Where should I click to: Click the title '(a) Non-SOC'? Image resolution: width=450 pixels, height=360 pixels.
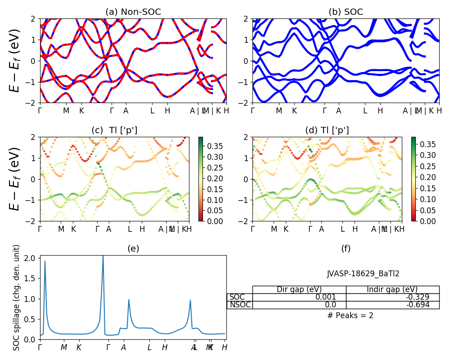click(x=133, y=12)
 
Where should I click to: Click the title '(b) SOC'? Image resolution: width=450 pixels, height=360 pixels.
click(x=346, y=12)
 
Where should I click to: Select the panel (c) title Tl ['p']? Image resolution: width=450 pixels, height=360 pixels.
click(x=114, y=130)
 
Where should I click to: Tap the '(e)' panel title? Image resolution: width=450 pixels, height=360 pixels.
click(x=133, y=248)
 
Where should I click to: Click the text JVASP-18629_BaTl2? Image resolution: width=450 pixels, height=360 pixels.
click(x=363, y=274)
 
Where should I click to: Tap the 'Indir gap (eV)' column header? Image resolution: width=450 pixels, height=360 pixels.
click(x=392, y=289)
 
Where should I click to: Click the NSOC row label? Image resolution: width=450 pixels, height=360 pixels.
click(x=240, y=305)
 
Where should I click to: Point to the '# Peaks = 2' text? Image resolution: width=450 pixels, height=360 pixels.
click(x=350, y=315)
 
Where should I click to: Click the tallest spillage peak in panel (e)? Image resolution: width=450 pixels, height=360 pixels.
click(x=103, y=256)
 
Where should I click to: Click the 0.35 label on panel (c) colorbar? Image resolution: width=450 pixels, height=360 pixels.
click(x=209, y=146)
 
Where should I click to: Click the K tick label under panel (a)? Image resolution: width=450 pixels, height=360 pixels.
click(x=81, y=111)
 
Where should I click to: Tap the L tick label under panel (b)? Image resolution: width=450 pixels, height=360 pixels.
click(x=365, y=111)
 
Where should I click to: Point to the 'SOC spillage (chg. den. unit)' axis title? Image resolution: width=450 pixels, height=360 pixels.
click(x=17, y=297)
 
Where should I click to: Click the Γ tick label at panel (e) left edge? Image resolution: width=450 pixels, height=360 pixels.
click(x=40, y=347)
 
